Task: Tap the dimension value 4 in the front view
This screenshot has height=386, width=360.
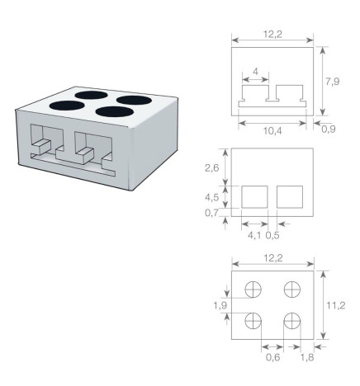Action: pos(255,72)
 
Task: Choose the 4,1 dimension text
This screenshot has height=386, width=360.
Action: pos(255,234)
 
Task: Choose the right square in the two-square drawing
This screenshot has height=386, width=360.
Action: pos(290,197)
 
